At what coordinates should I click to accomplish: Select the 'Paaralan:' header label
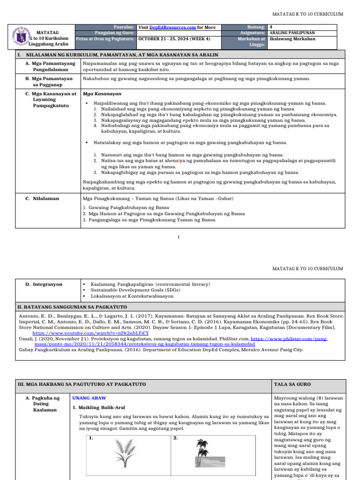[125, 28]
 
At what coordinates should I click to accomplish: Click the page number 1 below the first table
[178, 237]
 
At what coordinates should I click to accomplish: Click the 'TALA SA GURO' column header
[292, 384]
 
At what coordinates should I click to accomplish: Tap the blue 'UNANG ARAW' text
[89, 398]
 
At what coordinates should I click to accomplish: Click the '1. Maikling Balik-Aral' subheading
[98, 407]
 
